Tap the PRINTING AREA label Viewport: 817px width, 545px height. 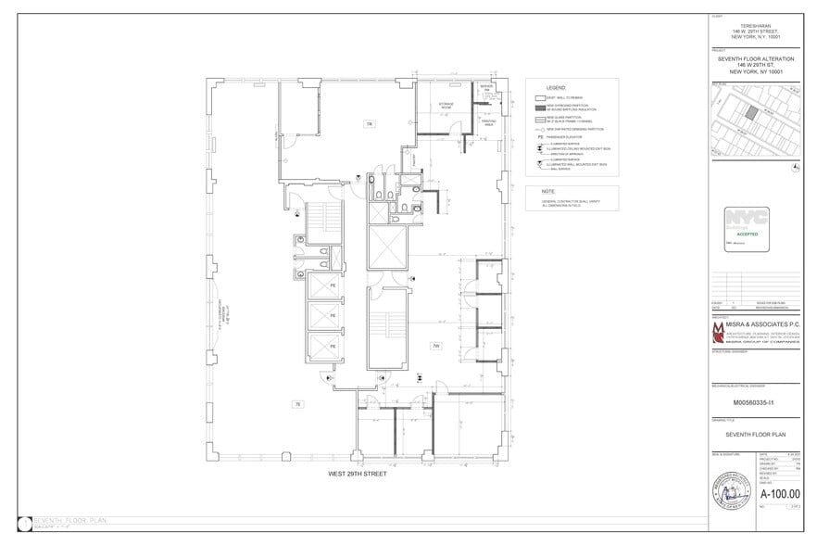click(489, 120)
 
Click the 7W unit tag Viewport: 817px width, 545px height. click(435, 346)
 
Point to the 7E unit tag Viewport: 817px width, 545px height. click(297, 404)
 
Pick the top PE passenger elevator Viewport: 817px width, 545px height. click(322, 287)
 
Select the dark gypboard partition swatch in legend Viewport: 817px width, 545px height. click(538, 108)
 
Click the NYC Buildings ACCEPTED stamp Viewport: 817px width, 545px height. click(747, 230)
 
